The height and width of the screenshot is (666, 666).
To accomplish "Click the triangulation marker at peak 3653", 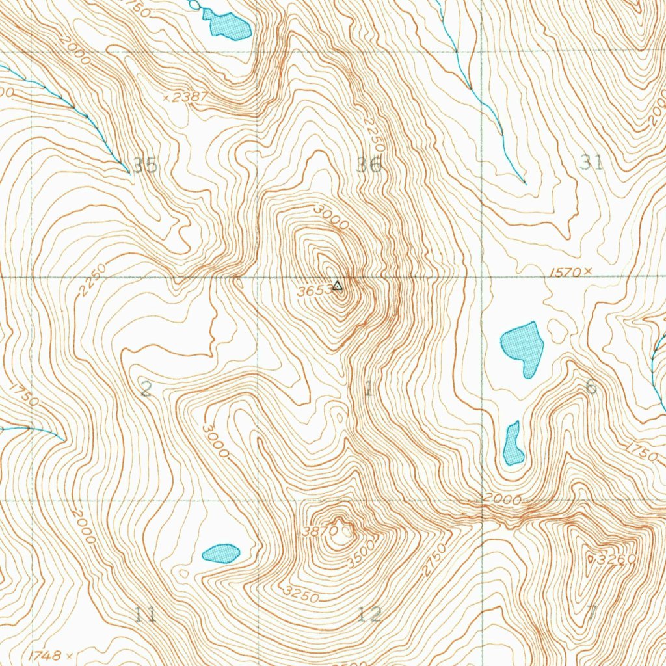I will click(x=337, y=286).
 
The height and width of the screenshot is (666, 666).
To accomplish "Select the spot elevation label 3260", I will click(x=612, y=559).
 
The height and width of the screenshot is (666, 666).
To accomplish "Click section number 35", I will click(x=145, y=165).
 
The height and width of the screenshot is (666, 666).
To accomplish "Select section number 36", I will click(x=369, y=165).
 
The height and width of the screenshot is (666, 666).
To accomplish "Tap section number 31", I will click(x=592, y=162).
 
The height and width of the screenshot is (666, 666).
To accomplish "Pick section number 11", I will click(x=145, y=614).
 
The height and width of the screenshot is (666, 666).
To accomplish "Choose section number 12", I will click(x=369, y=613).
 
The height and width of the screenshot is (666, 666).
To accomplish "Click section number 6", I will click(x=591, y=386).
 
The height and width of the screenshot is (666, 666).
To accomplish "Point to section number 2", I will click(x=146, y=390).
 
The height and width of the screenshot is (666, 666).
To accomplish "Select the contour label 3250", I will click(x=301, y=593).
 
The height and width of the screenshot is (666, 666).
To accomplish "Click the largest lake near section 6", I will click(x=523, y=348).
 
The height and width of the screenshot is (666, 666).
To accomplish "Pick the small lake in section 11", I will click(x=221, y=553).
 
